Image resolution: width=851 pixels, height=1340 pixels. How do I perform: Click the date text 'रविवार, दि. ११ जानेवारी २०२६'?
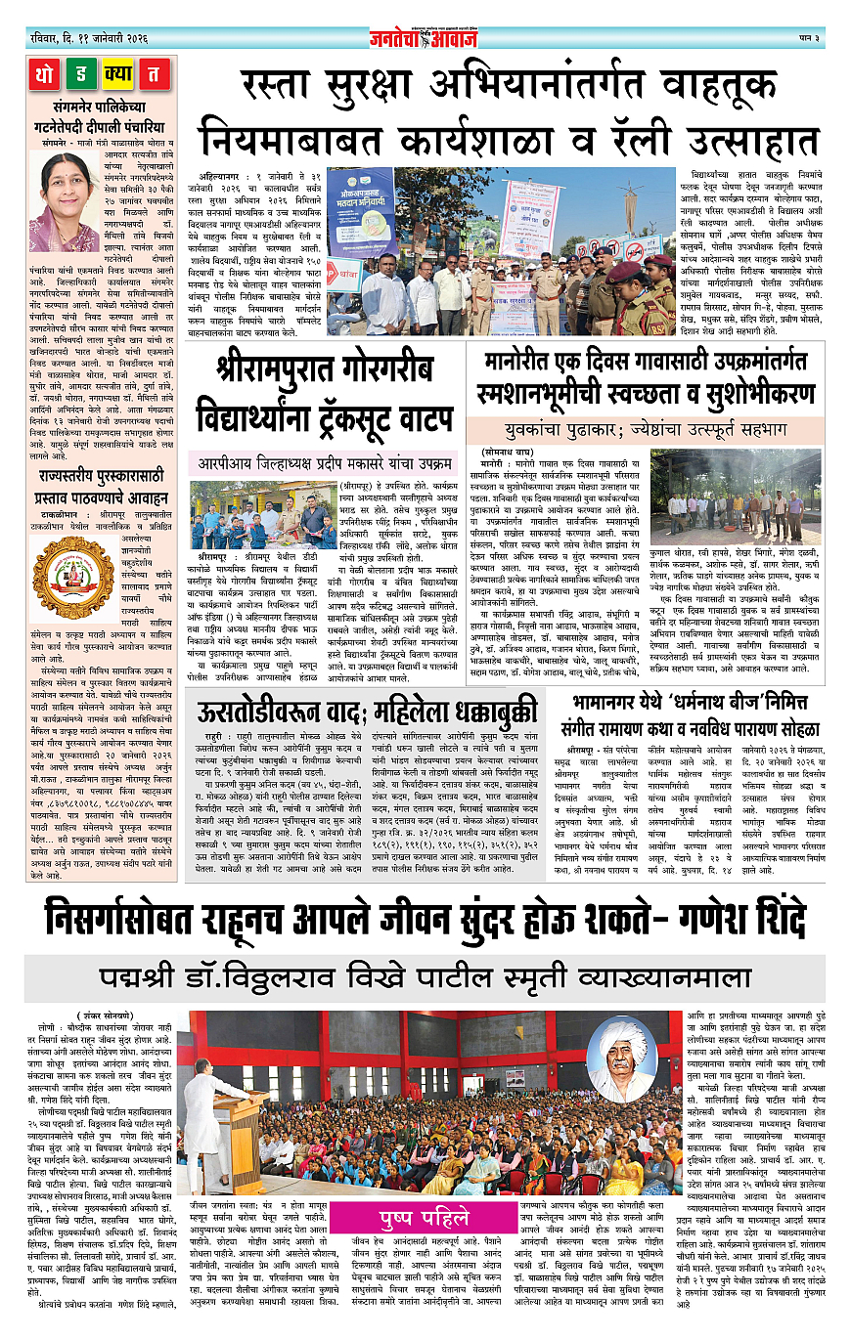[x=86, y=38]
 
